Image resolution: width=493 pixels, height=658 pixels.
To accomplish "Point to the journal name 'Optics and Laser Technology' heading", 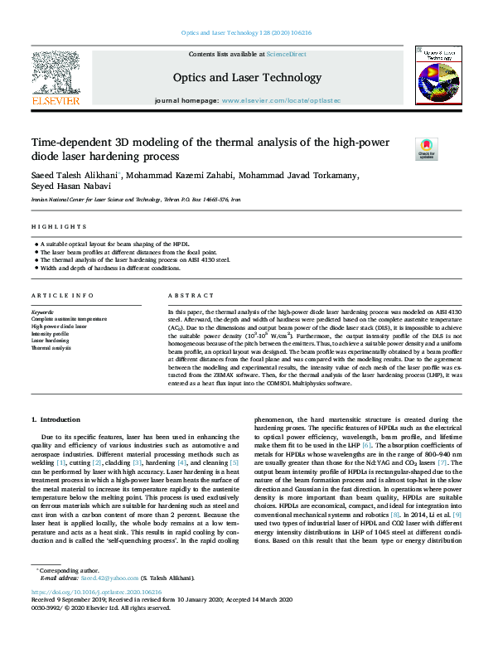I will (x=246, y=78).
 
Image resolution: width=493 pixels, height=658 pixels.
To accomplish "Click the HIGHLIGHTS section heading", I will (x=59, y=226).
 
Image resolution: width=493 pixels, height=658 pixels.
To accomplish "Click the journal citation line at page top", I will (x=246, y=33).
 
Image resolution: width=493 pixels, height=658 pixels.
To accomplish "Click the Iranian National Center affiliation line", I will (x=136, y=200).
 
